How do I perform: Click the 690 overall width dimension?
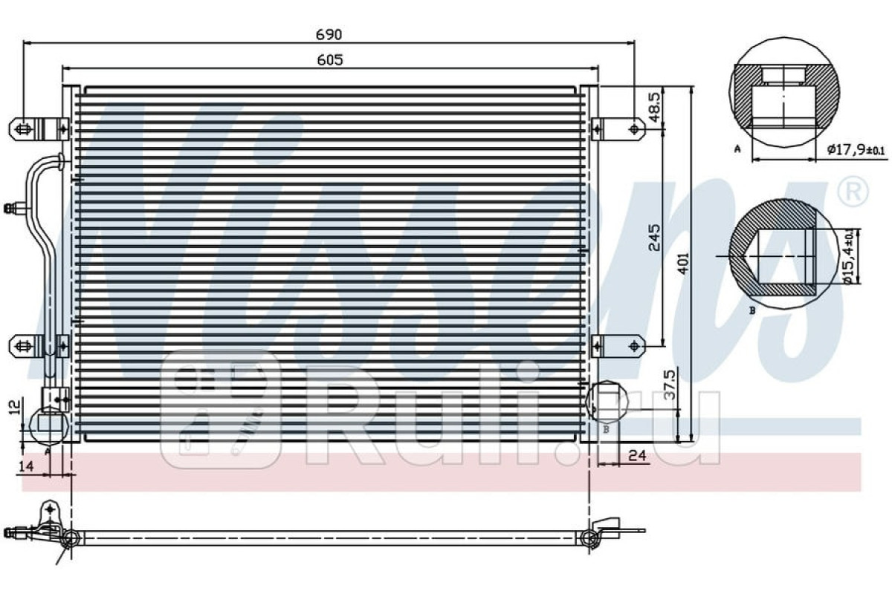pos(329,35)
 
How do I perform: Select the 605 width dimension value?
pos(330,60)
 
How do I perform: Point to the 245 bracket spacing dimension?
pos(654,238)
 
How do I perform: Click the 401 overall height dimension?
pos(683,263)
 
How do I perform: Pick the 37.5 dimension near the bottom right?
pos(670,385)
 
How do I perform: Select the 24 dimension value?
pos(637,455)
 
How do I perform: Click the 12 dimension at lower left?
pos(15,407)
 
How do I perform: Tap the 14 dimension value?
pos(26,466)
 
